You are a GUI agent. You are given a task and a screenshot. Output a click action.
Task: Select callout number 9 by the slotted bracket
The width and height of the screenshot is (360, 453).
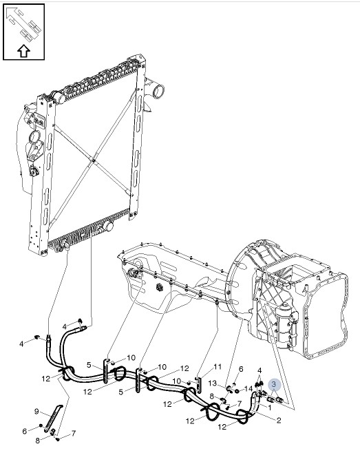click(37, 412)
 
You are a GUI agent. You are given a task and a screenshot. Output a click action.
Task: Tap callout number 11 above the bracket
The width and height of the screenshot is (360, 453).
click(217, 366)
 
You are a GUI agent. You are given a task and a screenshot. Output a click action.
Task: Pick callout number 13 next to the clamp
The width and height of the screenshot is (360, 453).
click(213, 383)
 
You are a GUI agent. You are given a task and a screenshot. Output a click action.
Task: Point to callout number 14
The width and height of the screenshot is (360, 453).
click(248, 389)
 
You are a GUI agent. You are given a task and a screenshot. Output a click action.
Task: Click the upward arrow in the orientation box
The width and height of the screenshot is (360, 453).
click(23, 50)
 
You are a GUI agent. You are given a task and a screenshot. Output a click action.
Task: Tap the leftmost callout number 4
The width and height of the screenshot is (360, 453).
click(21, 344)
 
